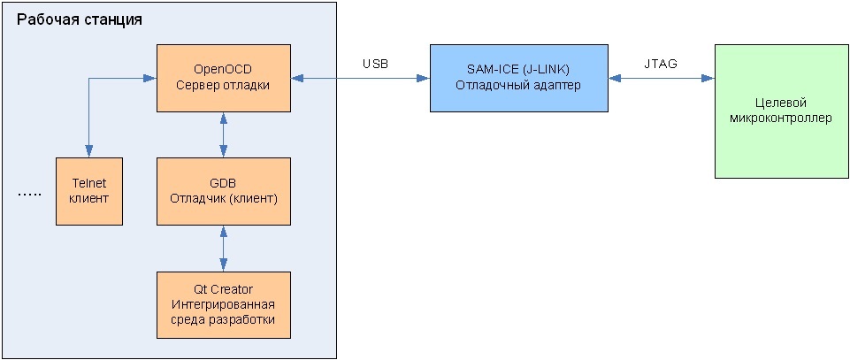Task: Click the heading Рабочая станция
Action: pyautogui.click(x=79, y=19)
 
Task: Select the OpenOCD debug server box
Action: pyautogui.click(x=223, y=78)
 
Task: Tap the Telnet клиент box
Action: pyautogui.click(x=88, y=190)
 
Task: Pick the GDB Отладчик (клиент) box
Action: pyautogui.click(x=223, y=190)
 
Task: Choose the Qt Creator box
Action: pyautogui.click(x=223, y=304)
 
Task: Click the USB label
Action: pyautogui.click(x=375, y=64)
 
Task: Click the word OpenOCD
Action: pyautogui.click(x=217, y=70)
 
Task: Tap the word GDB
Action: pyautogui.click(x=223, y=183)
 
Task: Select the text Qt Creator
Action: pyautogui.click(x=223, y=289)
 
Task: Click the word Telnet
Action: pyautogui.click(x=88, y=183)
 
